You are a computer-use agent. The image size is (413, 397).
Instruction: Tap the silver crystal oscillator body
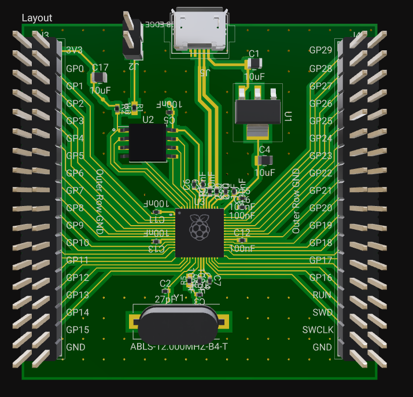tap(178, 325)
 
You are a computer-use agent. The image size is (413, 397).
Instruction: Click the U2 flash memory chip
tap(147, 143)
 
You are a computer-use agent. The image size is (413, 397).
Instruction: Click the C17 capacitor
tap(100, 78)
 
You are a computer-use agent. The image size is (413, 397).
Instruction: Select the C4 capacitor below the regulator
tap(264, 160)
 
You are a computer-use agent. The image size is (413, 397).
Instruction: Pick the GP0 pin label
tap(75, 69)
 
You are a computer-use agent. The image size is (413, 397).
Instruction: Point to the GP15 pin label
tap(77, 330)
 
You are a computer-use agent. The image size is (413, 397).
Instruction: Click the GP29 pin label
tap(320, 50)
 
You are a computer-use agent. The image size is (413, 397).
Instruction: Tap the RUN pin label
tap(322, 295)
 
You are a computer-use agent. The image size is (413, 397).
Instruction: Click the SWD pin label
tap(322, 313)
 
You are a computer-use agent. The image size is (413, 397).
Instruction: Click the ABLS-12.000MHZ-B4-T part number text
tap(179, 347)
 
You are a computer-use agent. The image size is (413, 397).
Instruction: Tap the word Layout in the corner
tap(37, 18)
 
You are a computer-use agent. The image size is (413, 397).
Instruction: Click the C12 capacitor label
tap(242, 232)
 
